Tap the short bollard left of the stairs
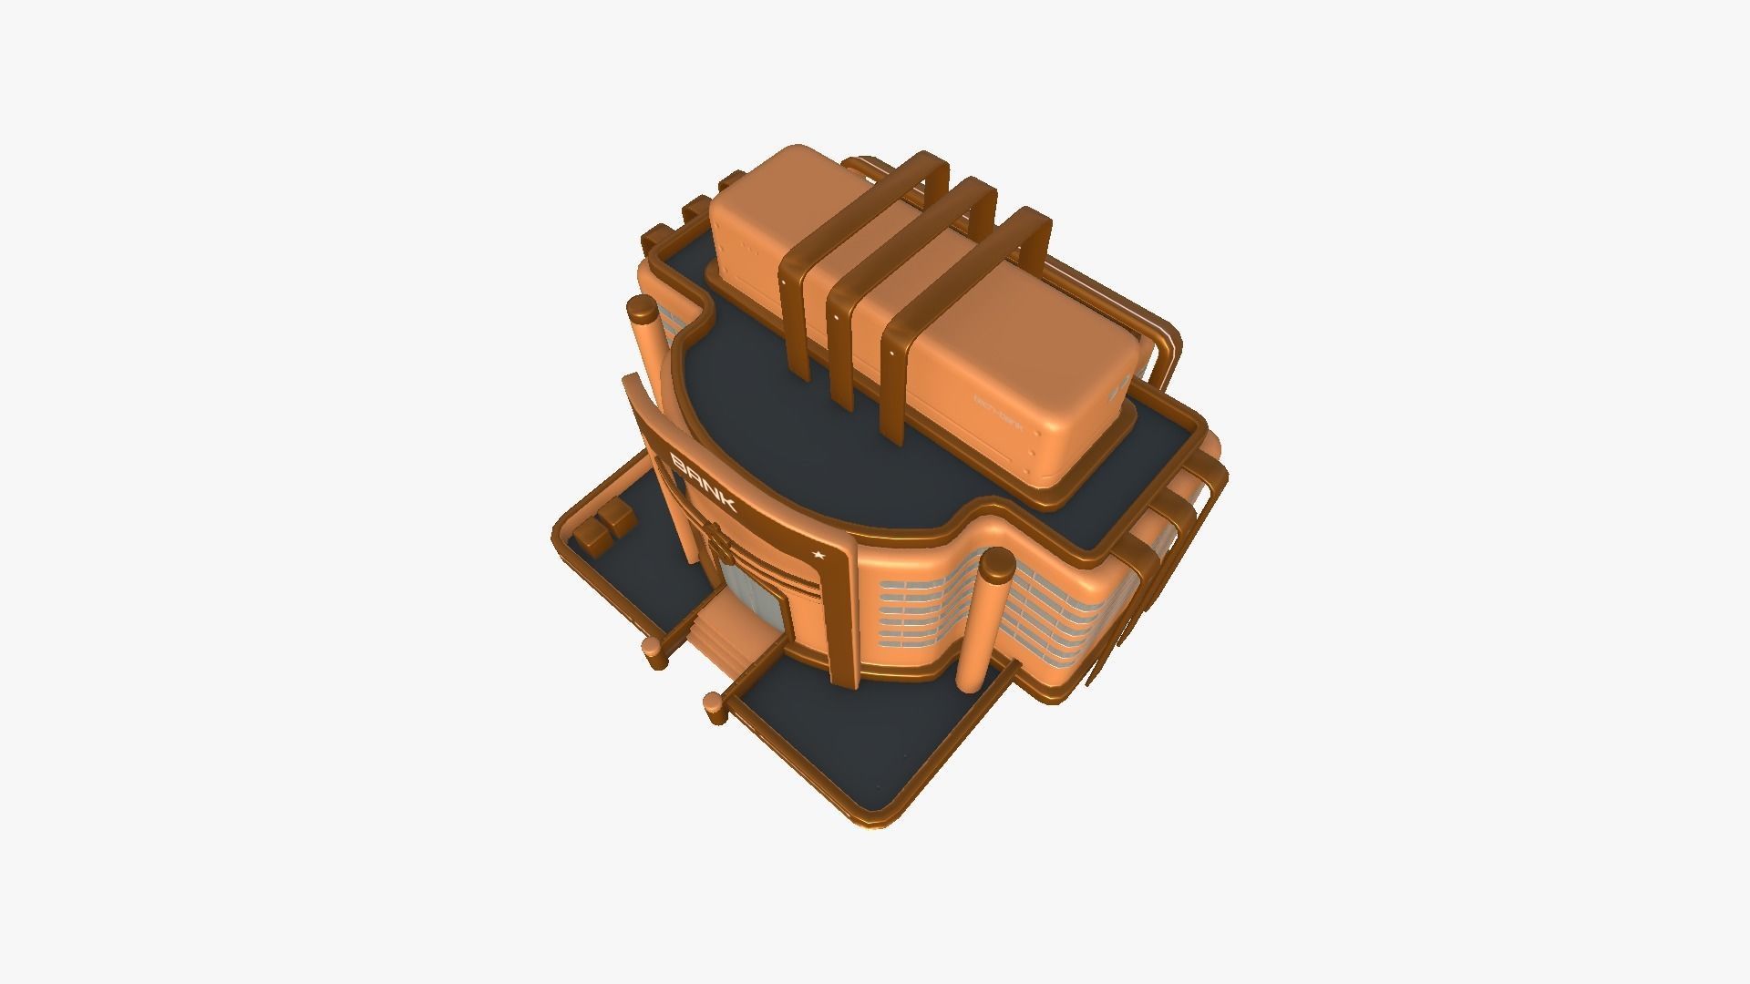[x=653, y=649]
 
